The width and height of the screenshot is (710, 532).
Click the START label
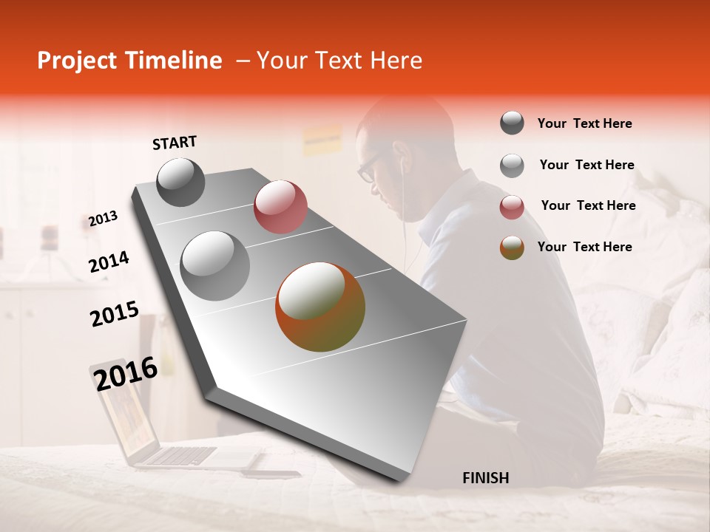point(175,143)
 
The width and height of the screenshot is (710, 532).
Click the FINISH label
point(485,478)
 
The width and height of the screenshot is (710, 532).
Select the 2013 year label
point(103,218)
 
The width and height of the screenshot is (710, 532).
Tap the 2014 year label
point(109,262)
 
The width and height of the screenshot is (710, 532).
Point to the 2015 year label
point(115,313)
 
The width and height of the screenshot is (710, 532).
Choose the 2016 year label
point(126,373)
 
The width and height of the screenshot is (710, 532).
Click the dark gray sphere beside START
point(180,182)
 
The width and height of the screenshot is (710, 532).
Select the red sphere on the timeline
point(280,207)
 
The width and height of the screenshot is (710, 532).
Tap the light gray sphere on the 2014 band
point(215,266)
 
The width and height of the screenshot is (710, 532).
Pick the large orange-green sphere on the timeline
point(320,307)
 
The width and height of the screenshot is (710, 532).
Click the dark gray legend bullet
point(512,123)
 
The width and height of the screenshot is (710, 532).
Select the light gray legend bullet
point(512,166)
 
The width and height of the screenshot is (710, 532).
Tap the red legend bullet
point(512,207)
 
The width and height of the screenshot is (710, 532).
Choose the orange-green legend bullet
point(512,248)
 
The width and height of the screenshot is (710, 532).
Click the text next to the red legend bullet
point(588,205)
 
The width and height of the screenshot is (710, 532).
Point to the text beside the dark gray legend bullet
point(584,123)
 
